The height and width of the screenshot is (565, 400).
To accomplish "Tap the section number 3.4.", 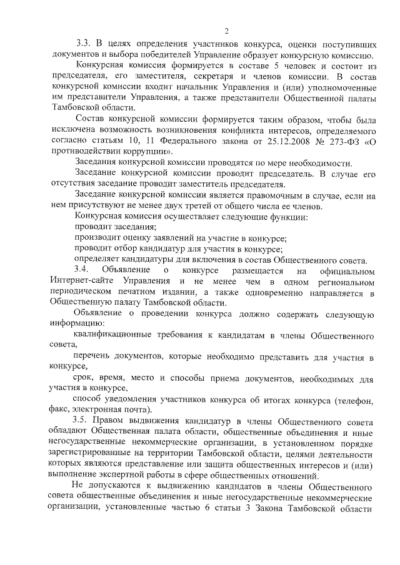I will coord(84,270).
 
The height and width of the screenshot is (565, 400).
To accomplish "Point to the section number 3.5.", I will coord(84,421).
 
